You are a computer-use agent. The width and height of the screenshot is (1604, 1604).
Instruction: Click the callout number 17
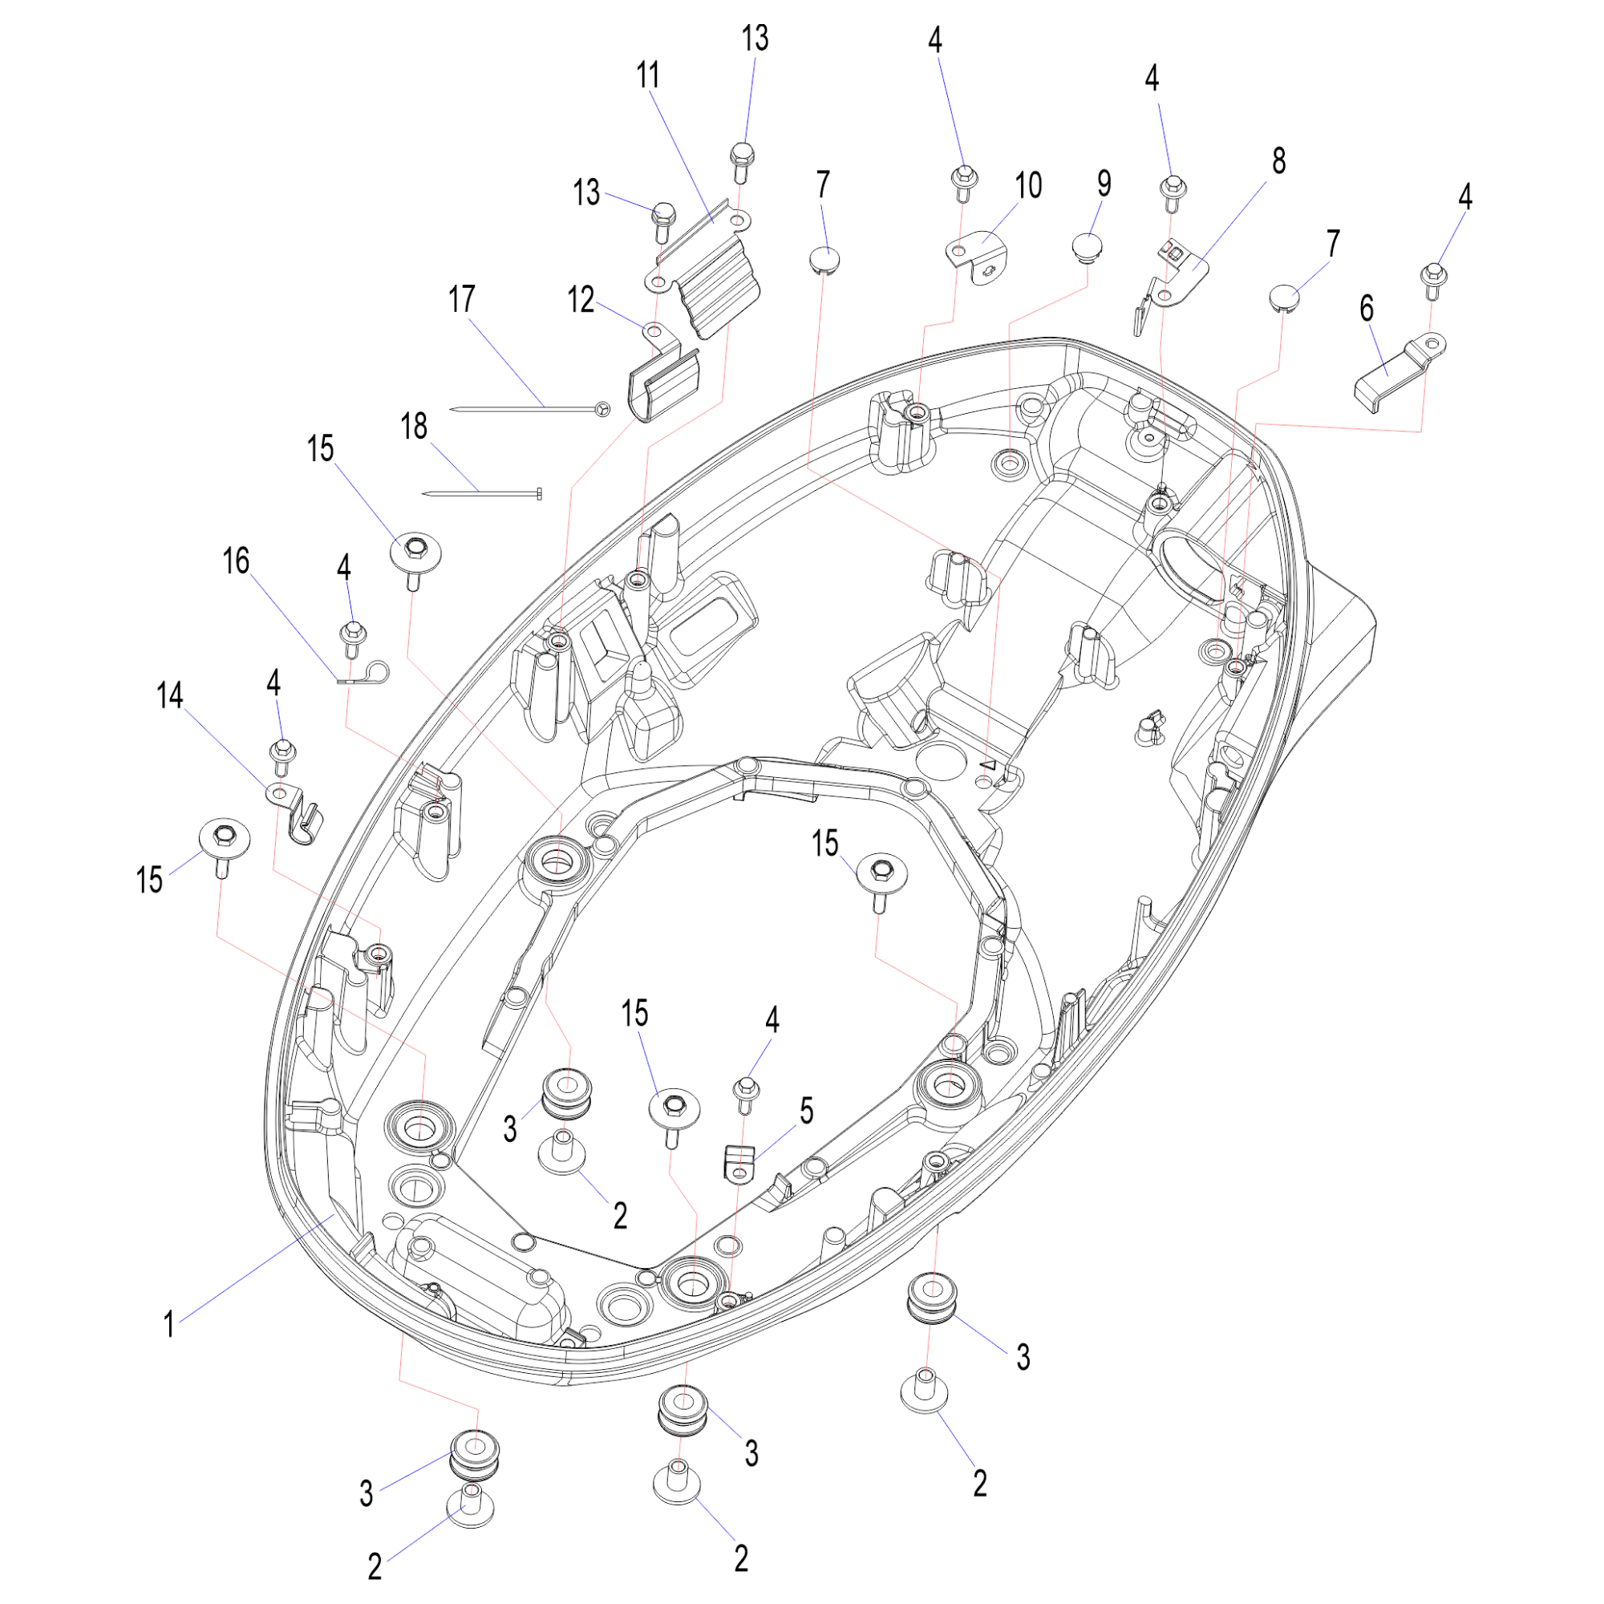click(462, 299)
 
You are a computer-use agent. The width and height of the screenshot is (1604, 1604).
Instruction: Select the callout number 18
click(415, 427)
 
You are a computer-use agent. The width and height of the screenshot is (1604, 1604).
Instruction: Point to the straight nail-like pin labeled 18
click(482, 494)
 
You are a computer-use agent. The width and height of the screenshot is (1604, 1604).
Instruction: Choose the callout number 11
click(647, 75)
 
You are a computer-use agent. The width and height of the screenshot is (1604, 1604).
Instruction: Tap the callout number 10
click(1028, 185)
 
